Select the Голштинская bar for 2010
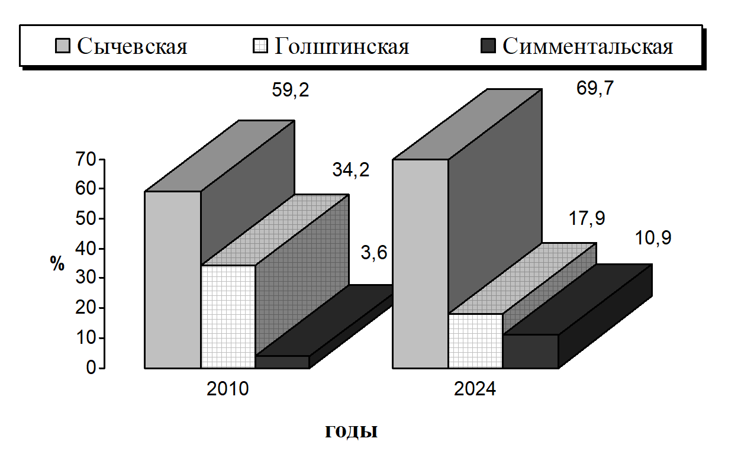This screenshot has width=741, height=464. click(228, 317)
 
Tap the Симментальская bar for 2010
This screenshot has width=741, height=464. click(282, 362)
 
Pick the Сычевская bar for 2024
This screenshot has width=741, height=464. click(421, 264)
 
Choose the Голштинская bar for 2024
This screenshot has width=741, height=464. click(475, 341)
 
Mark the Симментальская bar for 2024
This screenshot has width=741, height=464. click(530, 352)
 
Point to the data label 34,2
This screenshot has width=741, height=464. click(350, 170)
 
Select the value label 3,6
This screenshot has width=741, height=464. click(373, 253)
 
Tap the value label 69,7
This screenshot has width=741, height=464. click(595, 89)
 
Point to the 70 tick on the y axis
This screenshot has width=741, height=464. click(86, 159)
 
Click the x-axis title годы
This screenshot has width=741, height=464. click(352, 431)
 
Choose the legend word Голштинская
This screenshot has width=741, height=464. click(341, 46)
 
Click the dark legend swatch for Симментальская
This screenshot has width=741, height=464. click(488, 46)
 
